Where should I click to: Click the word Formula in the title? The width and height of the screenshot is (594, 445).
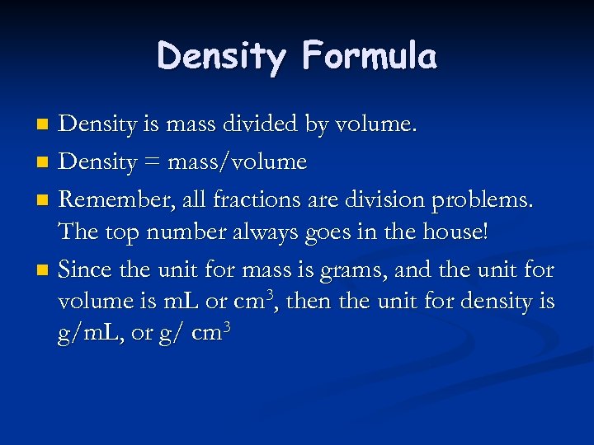(369, 56)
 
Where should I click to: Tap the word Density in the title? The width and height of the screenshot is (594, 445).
(221, 56)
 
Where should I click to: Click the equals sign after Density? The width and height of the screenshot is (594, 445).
(152, 162)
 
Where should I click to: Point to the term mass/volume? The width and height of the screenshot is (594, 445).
(237, 162)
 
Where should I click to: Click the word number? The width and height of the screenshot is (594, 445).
(188, 232)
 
